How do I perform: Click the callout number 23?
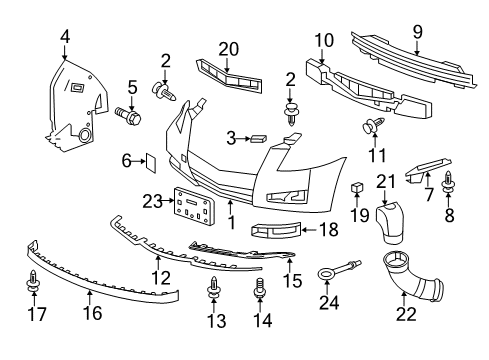pos(153,201)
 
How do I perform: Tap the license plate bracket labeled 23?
pos(193,206)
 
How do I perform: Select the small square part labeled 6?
pos(150,163)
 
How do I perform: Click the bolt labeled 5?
pos(128,115)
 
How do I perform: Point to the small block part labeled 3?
pos(259,138)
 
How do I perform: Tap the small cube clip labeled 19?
pos(357,187)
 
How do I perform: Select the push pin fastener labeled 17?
pos(33,281)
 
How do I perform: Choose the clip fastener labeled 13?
pos(213,287)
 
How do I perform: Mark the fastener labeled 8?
pos(448,182)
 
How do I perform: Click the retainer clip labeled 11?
pos(373,125)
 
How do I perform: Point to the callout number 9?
pos(417,32)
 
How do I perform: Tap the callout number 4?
pos(65,37)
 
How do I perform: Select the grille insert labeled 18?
pos(276,230)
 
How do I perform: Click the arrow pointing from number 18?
pos(309,230)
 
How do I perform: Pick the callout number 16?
pos(92,313)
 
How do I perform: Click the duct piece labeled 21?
pos(390,223)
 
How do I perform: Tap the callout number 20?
pos(229,49)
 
